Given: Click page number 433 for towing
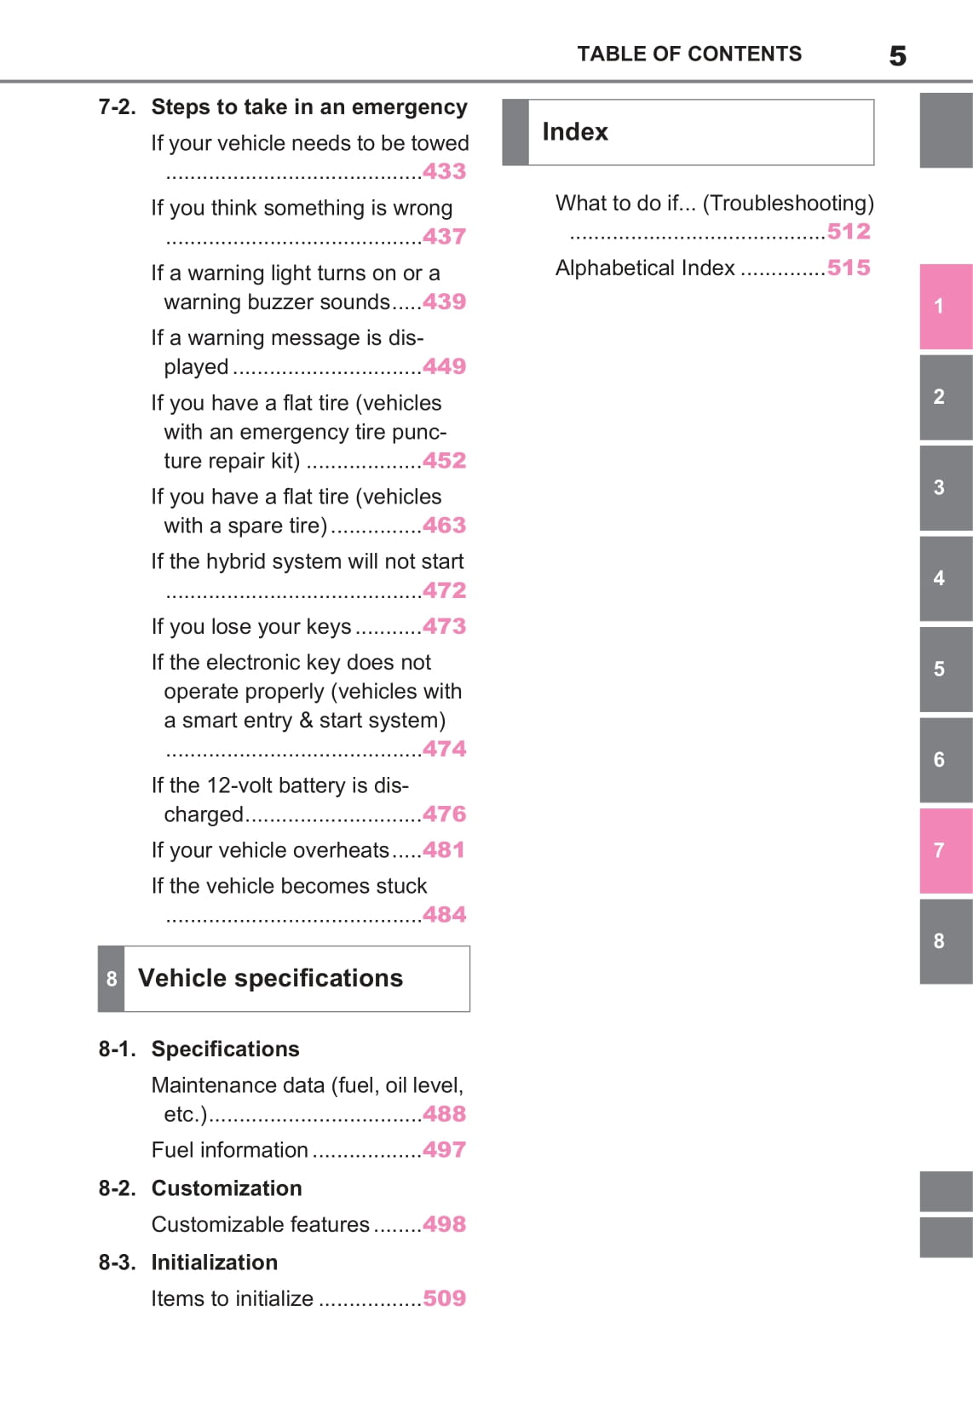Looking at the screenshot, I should (x=444, y=171).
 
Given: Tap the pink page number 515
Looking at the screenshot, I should (x=849, y=267).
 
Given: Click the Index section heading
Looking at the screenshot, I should (x=575, y=132).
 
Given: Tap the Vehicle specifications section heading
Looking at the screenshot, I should (x=270, y=978).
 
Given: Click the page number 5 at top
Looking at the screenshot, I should (x=897, y=56).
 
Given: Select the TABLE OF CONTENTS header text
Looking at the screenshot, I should (x=689, y=55).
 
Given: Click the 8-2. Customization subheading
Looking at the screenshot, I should (x=200, y=1188).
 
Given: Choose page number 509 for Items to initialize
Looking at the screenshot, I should (x=444, y=1298).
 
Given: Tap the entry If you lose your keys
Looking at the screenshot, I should (x=251, y=627).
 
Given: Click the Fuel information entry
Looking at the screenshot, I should (x=229, y=1150).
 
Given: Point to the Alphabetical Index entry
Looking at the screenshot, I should (x=645, y=268).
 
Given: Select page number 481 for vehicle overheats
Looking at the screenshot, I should (x=444, y=850).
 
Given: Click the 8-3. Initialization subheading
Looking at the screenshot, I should (x=188, y=1262).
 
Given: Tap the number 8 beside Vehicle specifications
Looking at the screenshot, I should (x=112, y=979).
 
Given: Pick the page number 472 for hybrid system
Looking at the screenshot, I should (x=444, y=590).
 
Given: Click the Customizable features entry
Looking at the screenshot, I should (x=261, y=1224).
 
